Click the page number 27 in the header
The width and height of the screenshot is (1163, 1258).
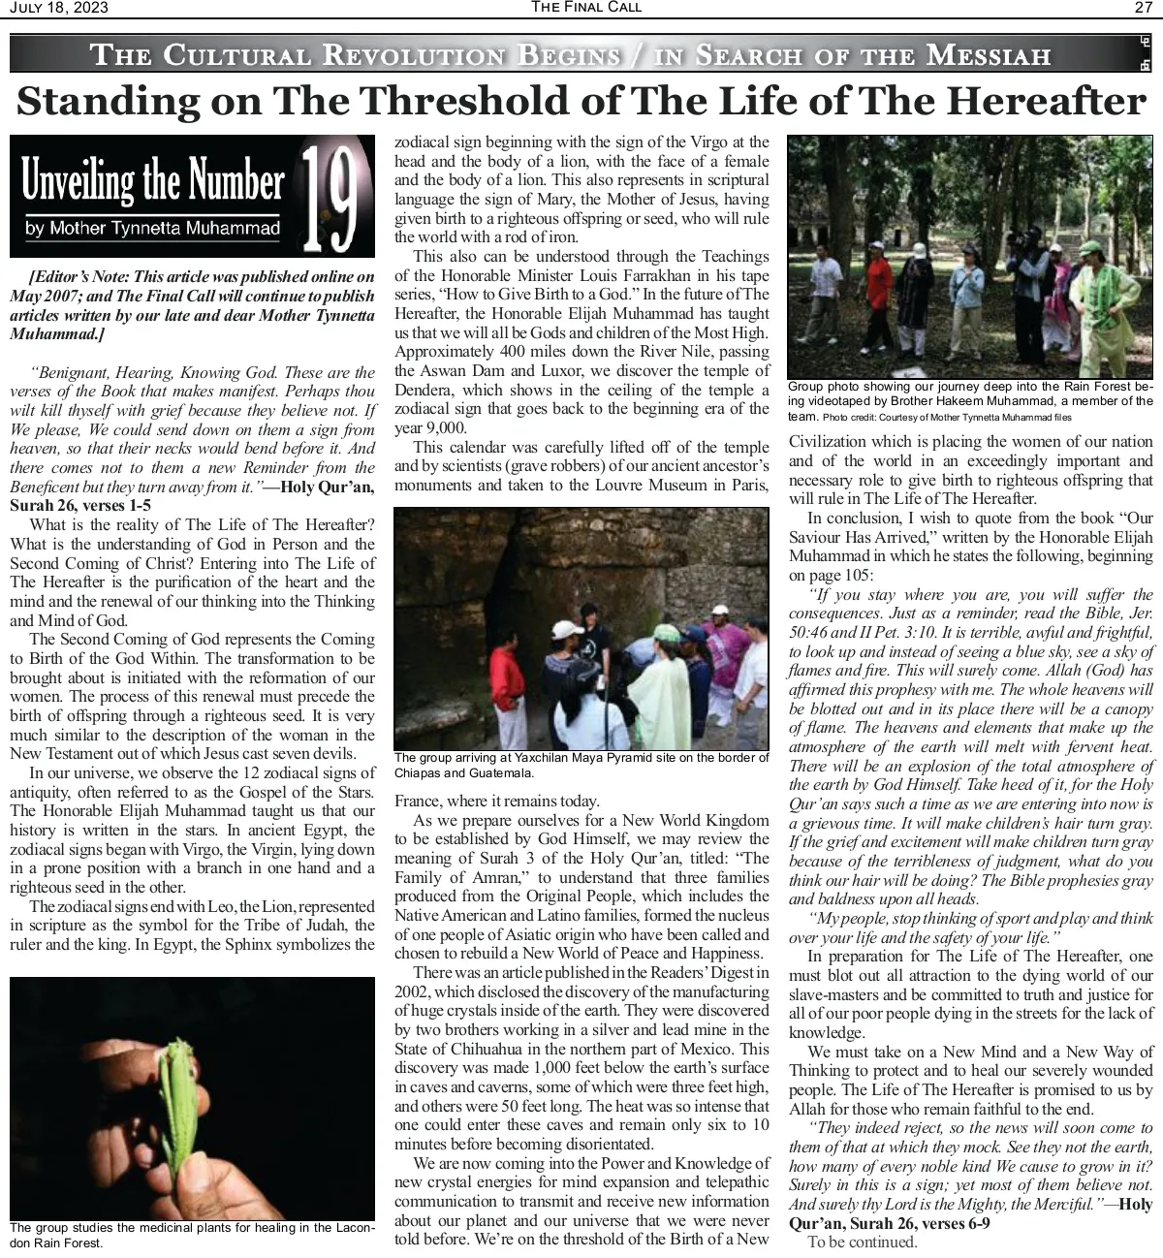click(1143, 8)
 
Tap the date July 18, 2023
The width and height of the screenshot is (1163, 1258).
click(59, 8)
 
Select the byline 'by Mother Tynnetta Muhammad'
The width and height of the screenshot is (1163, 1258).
click(153, 230)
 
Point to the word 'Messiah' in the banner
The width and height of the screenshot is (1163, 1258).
click(988, 54)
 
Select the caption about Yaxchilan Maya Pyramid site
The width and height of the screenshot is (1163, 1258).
click(581, 765)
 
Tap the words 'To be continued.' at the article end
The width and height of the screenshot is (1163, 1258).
click(862, 1242)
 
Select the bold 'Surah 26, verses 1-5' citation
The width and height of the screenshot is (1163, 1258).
click(79, 505)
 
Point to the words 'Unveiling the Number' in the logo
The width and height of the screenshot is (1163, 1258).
click(152, 181)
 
